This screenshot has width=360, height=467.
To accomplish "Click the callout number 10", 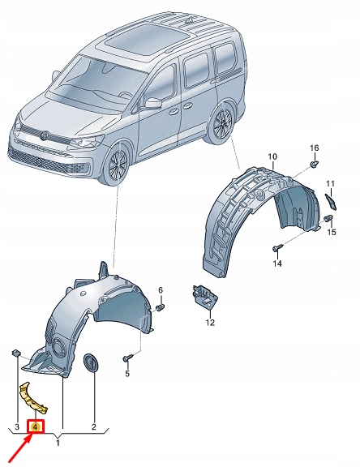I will point(272,156).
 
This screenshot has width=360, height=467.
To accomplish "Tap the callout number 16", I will point(315,148).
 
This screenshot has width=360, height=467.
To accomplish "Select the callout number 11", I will point(331,183).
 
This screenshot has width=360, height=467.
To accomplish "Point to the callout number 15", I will point(331,233).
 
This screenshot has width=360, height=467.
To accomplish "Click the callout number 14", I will point(276,264).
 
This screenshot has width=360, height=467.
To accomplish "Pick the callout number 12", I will point(210,323).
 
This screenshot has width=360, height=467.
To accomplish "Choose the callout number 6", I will point(161,290).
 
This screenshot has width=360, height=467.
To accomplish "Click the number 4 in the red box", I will point(36,426).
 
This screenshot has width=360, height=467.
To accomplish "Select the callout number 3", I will point(15,426).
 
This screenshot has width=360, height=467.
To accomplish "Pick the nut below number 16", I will point(313,165).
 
